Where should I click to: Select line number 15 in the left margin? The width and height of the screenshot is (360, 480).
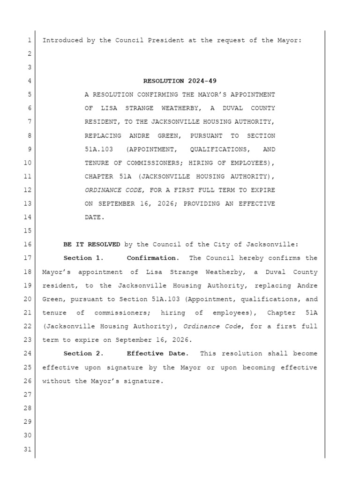(x=27, y=231)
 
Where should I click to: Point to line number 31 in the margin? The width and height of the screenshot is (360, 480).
(x=27, y=450)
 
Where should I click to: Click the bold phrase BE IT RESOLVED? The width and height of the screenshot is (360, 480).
(x=91, y=244)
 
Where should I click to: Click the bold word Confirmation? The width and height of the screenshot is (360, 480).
(x=153, y=258)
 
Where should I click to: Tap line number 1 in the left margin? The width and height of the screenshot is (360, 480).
(x=29, y=40)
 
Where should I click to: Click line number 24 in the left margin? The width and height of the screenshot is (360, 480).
(x=27, y=353)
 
